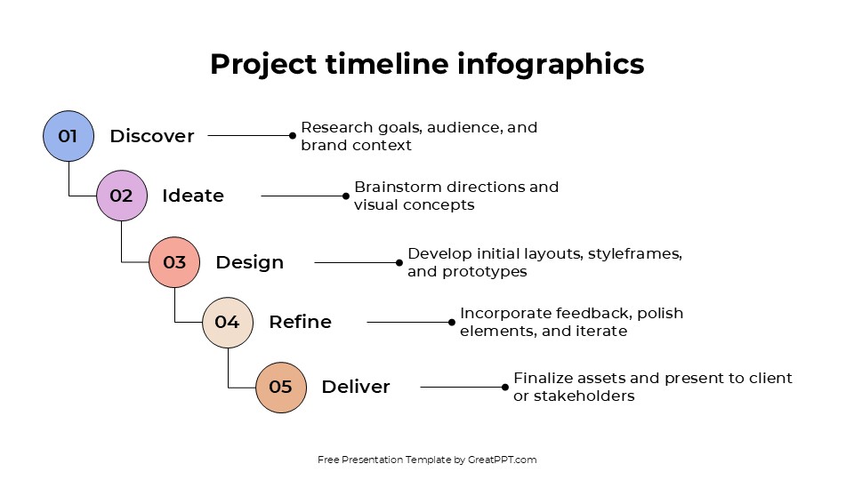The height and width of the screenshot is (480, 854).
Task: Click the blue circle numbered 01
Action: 68,136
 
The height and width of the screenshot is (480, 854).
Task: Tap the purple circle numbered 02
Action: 121,196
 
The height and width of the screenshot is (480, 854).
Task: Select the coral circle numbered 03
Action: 174,262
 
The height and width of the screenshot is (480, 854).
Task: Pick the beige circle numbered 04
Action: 228,322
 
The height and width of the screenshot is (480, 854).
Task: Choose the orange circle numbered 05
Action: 280,387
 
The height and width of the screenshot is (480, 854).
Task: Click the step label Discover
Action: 151,136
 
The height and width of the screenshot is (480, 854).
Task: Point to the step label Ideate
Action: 193,196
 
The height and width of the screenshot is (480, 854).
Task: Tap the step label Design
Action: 249,262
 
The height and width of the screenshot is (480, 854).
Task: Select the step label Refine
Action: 300,322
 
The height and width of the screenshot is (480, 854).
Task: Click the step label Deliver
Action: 355,387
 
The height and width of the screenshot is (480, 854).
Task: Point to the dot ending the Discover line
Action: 292,136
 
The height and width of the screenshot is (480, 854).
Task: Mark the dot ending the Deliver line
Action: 505,387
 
